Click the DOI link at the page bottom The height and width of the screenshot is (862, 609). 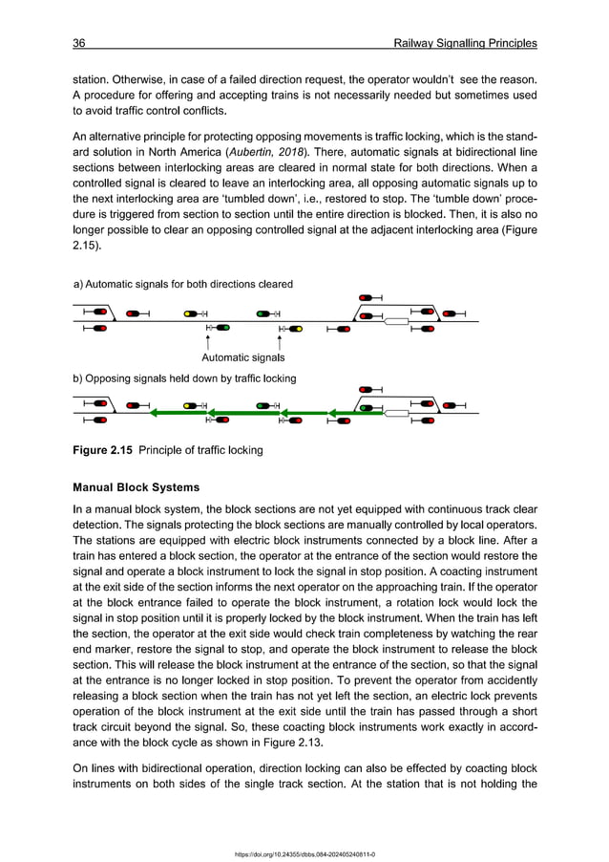pos(304,853)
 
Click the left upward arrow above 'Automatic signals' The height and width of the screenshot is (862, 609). pos(208,342)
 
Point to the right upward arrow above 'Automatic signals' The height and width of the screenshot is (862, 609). pos(280,342)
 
